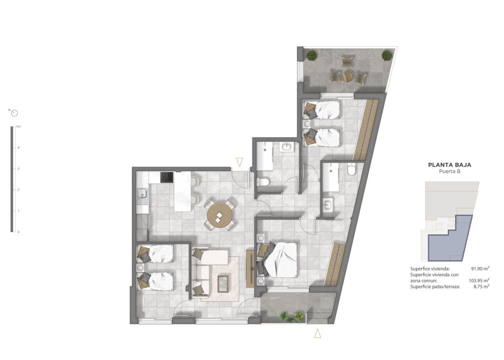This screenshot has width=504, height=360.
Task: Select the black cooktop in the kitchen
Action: point(166,177)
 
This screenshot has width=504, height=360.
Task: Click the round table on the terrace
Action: point(348,76)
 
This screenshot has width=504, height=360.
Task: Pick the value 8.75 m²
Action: point(481,286)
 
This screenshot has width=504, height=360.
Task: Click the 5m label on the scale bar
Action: point(18,127)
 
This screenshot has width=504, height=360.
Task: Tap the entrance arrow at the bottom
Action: point(318,333)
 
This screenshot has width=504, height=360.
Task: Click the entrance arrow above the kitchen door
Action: point(240,162)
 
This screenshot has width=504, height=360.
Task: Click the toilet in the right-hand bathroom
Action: point(351,170)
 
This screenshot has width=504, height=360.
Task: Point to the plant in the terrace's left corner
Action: point(312,55)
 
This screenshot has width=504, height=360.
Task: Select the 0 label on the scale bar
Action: point(18,232)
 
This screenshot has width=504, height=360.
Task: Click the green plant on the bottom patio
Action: point(291,316)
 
